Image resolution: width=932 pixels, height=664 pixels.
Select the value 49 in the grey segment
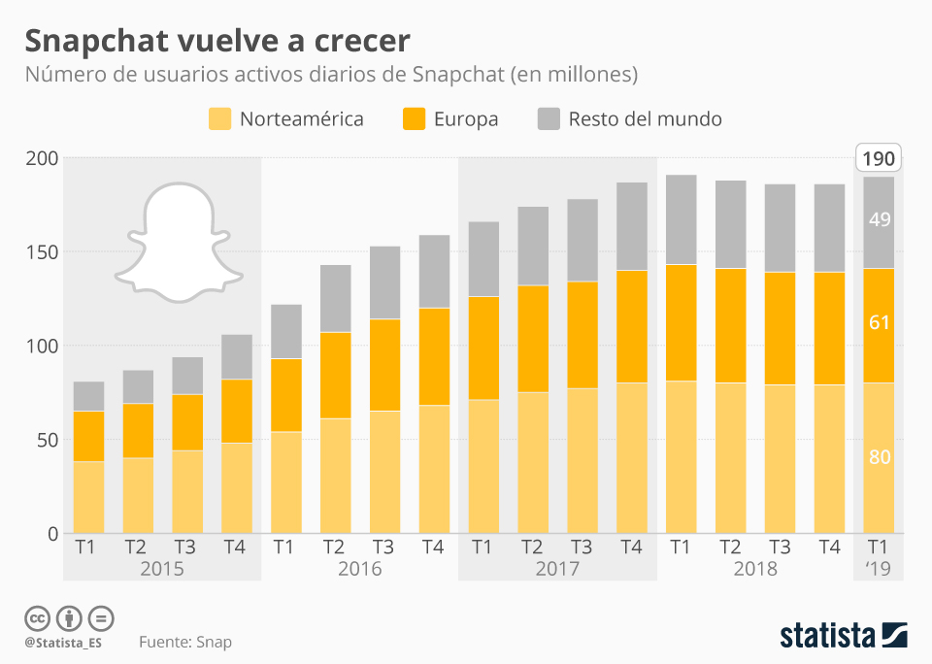click(x=880, y=219)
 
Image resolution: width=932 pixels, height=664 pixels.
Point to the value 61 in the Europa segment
click(x=880, y=322)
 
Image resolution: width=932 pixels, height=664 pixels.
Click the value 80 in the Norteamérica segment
click(x=880, y=457)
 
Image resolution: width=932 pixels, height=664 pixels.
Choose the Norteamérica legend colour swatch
click(x=220, y=119)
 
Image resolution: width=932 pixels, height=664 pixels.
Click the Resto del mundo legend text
click(x=645, y=119)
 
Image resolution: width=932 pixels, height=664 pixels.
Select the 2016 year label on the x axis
click(x=359, y=569)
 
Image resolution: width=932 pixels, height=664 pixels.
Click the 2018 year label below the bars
click(x=754, y=569)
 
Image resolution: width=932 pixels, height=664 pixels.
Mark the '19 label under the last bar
click(x=879, y=569)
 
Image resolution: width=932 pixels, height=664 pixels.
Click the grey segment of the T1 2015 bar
click(x=89, y=396)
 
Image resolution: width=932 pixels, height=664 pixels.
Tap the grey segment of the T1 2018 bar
click(x=682, y=219)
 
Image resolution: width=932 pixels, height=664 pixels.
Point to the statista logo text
click(x=828, y=636)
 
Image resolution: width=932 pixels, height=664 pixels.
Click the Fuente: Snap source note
click(x=185, y=642)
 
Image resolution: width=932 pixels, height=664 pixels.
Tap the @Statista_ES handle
click(x=64, y=643)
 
